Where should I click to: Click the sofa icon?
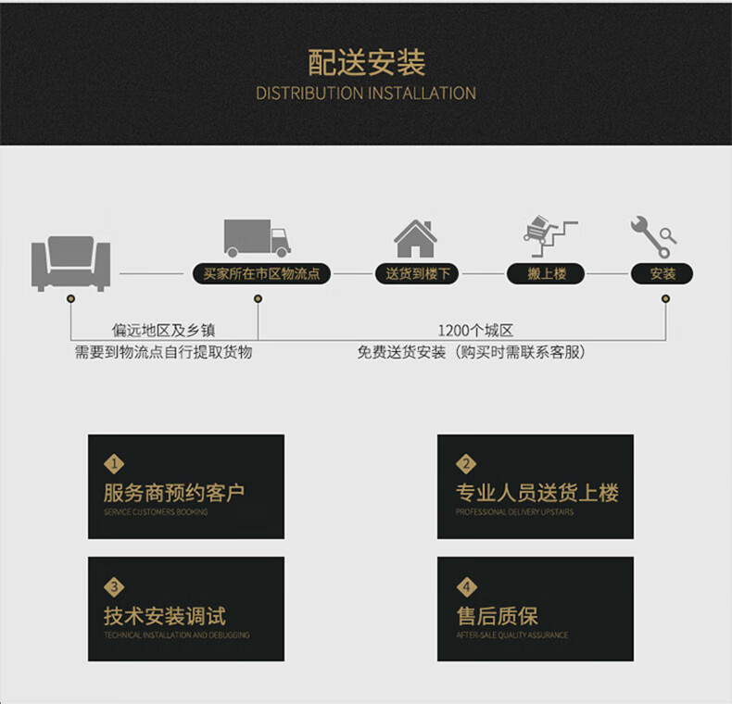click(x=70, y=262)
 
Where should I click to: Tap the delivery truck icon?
click(x=257, y=238)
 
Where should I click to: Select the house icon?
click(x=415, y=239)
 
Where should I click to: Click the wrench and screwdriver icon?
click(x=653, y=237)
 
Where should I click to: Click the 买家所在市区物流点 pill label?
click(x=260, y=274)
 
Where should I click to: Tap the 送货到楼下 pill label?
click(x=417, y=274)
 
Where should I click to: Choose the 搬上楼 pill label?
click(x=547, y=274)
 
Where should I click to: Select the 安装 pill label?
click(x=663, y=274)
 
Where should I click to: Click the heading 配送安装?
click(x=366, y=63)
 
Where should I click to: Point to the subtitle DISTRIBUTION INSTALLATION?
click(x=366, y=94)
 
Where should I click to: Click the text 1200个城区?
click(x=475, y=331)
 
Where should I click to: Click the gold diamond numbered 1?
click(x=115, y=464)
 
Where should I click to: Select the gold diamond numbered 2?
click(x=466, y=464)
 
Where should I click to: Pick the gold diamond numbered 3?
click(x=115, y=586)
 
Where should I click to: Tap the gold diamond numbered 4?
click(x=466, y=586)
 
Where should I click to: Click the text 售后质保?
click(x=497, y=616)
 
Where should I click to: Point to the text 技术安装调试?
click(x=164, y=616)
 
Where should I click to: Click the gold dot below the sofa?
click(x=71, y=298)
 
